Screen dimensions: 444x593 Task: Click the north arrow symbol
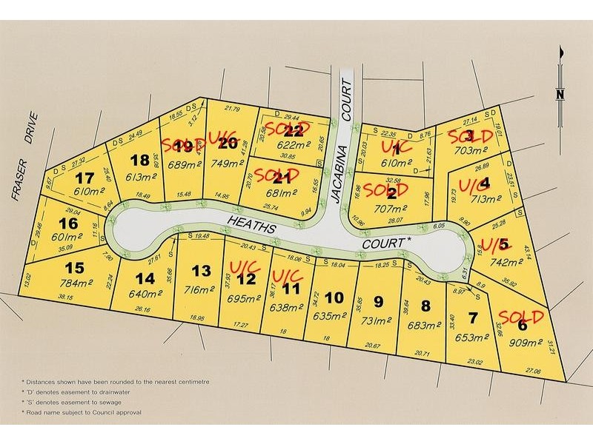tap(560, 74)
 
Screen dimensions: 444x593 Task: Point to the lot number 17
tap(85, 178)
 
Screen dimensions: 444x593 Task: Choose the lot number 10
tap(334, 297)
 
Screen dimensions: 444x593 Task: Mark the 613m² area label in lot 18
tap(139, 178)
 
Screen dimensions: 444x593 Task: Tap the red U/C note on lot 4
tap(471, 182)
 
